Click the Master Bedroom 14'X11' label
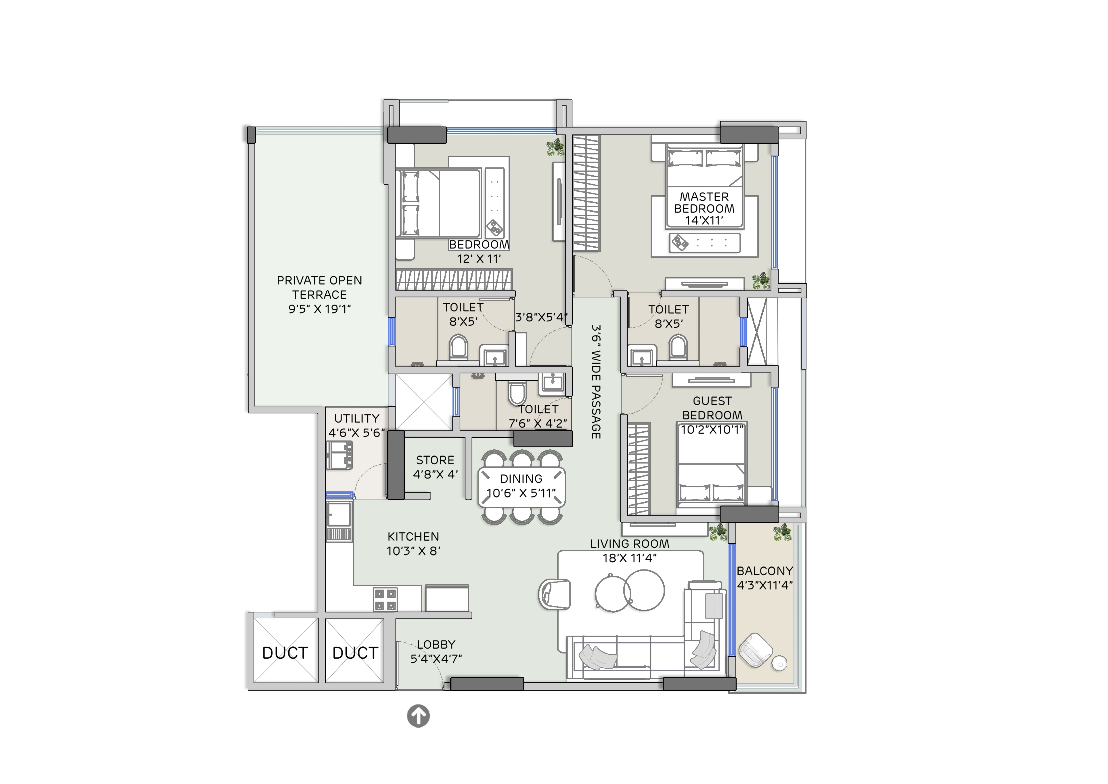704,209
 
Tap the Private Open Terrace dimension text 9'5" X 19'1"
319,309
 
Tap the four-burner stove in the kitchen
385,599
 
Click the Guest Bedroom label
712,408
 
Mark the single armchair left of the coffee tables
555,594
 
